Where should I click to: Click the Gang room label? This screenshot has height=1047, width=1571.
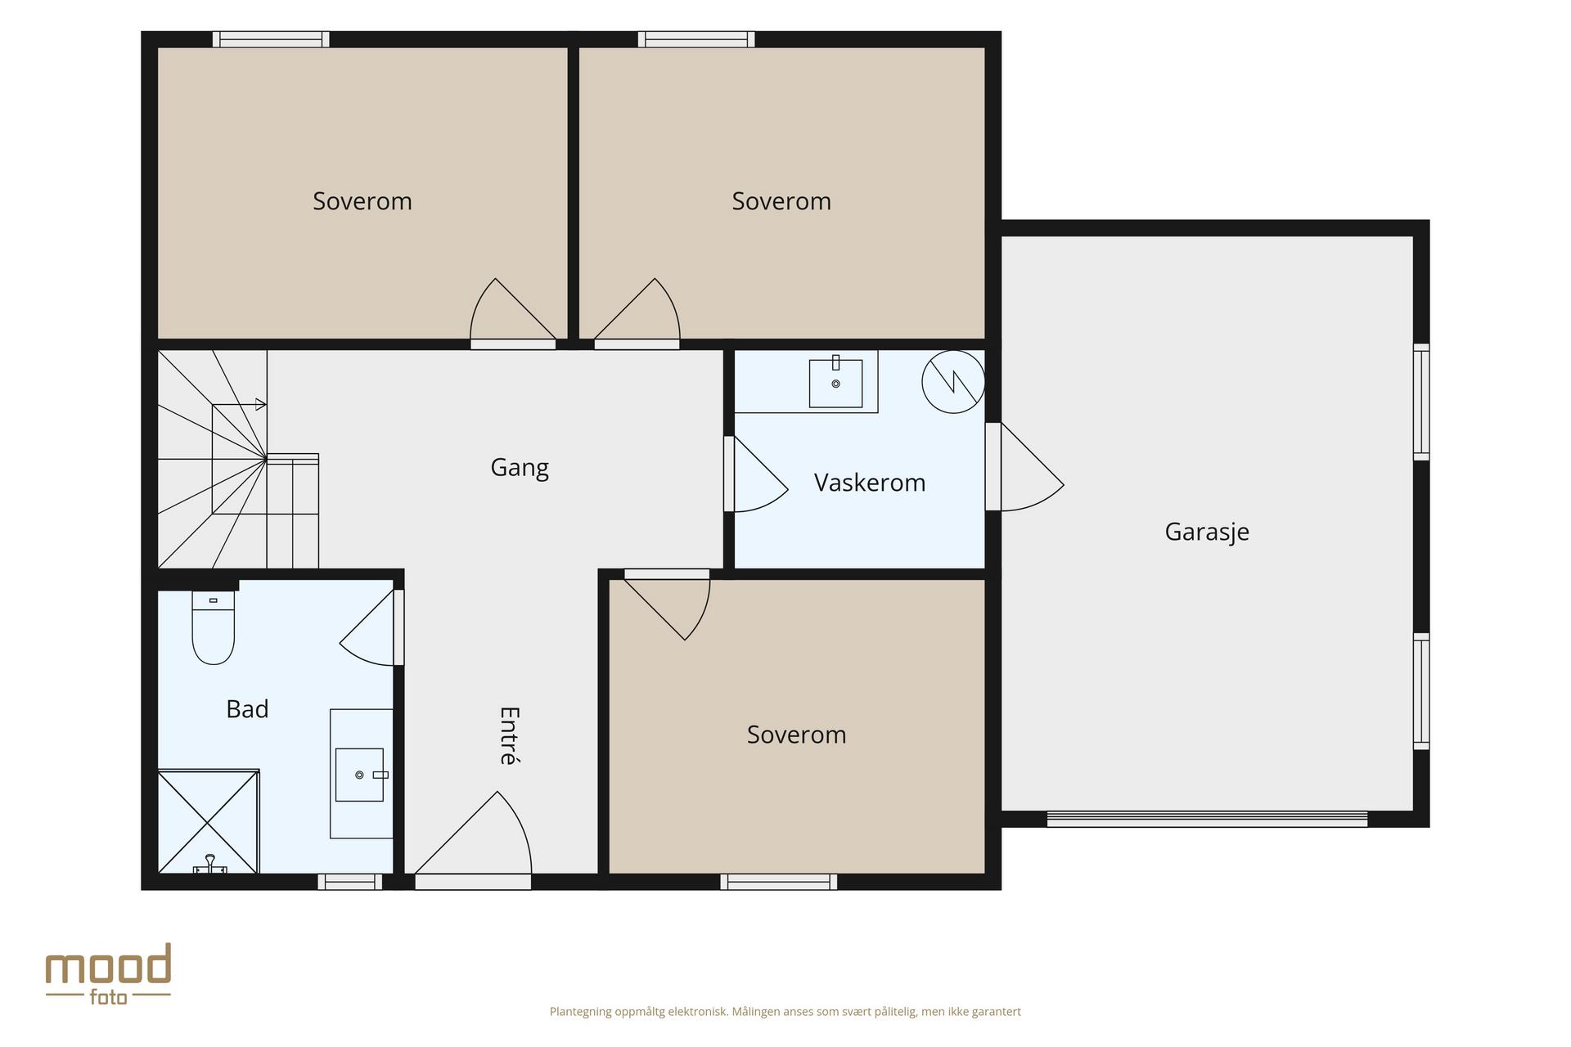(x=520, y=468)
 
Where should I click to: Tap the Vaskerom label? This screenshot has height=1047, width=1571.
(x=870, y=483)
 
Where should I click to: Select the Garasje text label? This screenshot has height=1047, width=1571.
(x=1207, y=532)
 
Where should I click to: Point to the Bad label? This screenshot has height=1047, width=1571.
(x=247, y=709)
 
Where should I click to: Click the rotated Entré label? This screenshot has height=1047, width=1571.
(x=509, y=735)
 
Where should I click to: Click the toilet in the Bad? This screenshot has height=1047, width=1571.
(x=214, y=627)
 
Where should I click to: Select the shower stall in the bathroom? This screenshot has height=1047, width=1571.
(x=209, y=821)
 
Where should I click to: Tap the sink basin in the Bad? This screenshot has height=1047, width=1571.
(x=359, y=775)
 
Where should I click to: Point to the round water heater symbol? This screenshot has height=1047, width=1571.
(x=953, y=381)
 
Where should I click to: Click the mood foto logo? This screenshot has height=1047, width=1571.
(x=108, y=974)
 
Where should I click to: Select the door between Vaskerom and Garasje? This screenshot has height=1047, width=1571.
(x=1024, y=467)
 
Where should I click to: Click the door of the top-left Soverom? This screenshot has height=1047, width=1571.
(x=513, y=314)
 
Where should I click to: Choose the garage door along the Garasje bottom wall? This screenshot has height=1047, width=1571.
(x=1207, y=819)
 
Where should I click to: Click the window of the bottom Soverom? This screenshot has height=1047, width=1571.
(x=778, y=882)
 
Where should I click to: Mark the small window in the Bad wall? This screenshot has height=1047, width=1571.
(x=349, y=882)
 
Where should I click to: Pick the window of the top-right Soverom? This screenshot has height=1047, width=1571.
(x=696, y=39)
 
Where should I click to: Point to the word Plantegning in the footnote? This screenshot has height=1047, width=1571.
(x=581, y=1012)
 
